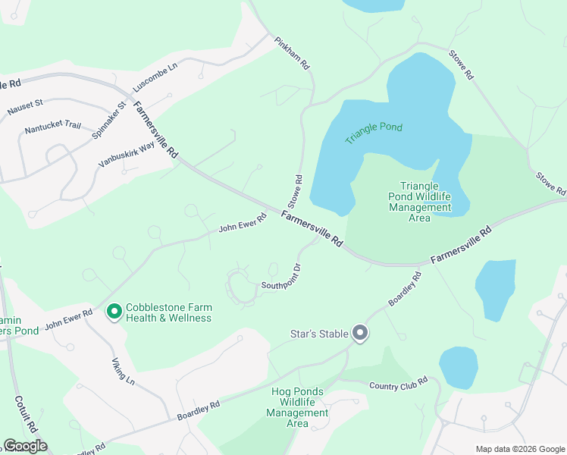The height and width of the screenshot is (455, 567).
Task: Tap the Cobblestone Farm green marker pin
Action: coord(114,312)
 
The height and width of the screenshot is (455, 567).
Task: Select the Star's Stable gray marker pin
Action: coord(360,332)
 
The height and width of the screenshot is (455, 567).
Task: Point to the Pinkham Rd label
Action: coord(293,54)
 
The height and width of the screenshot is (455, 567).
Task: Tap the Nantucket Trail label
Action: coord(52,127)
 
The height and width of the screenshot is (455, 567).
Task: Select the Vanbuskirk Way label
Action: coord(126,154)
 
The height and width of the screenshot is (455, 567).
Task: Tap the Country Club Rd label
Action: coord(399,384)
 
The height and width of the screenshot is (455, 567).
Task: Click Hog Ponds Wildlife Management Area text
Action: coord(297,407)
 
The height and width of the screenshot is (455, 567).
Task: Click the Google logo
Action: coord(25,445)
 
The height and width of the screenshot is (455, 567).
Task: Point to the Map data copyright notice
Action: coord(519,449)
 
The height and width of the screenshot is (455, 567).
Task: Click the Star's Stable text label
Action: coord(319,333)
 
